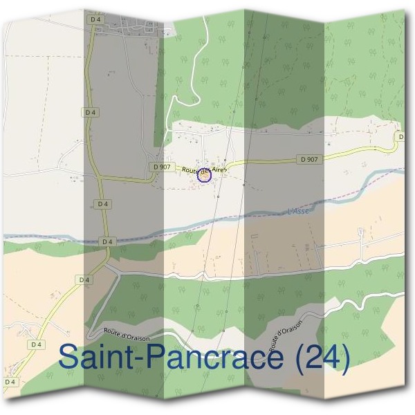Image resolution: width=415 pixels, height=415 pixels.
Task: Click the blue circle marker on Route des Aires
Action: click(203, 176)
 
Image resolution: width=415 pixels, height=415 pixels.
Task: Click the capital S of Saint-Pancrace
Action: click(70, 358)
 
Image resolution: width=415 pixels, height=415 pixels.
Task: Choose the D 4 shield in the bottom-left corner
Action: click(10, 381)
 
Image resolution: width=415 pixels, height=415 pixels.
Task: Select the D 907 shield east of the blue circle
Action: click(311, 160)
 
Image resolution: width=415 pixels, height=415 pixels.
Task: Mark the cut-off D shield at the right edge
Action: click(402, 137)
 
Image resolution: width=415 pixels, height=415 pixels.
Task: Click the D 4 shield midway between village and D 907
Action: click(89, 111)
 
